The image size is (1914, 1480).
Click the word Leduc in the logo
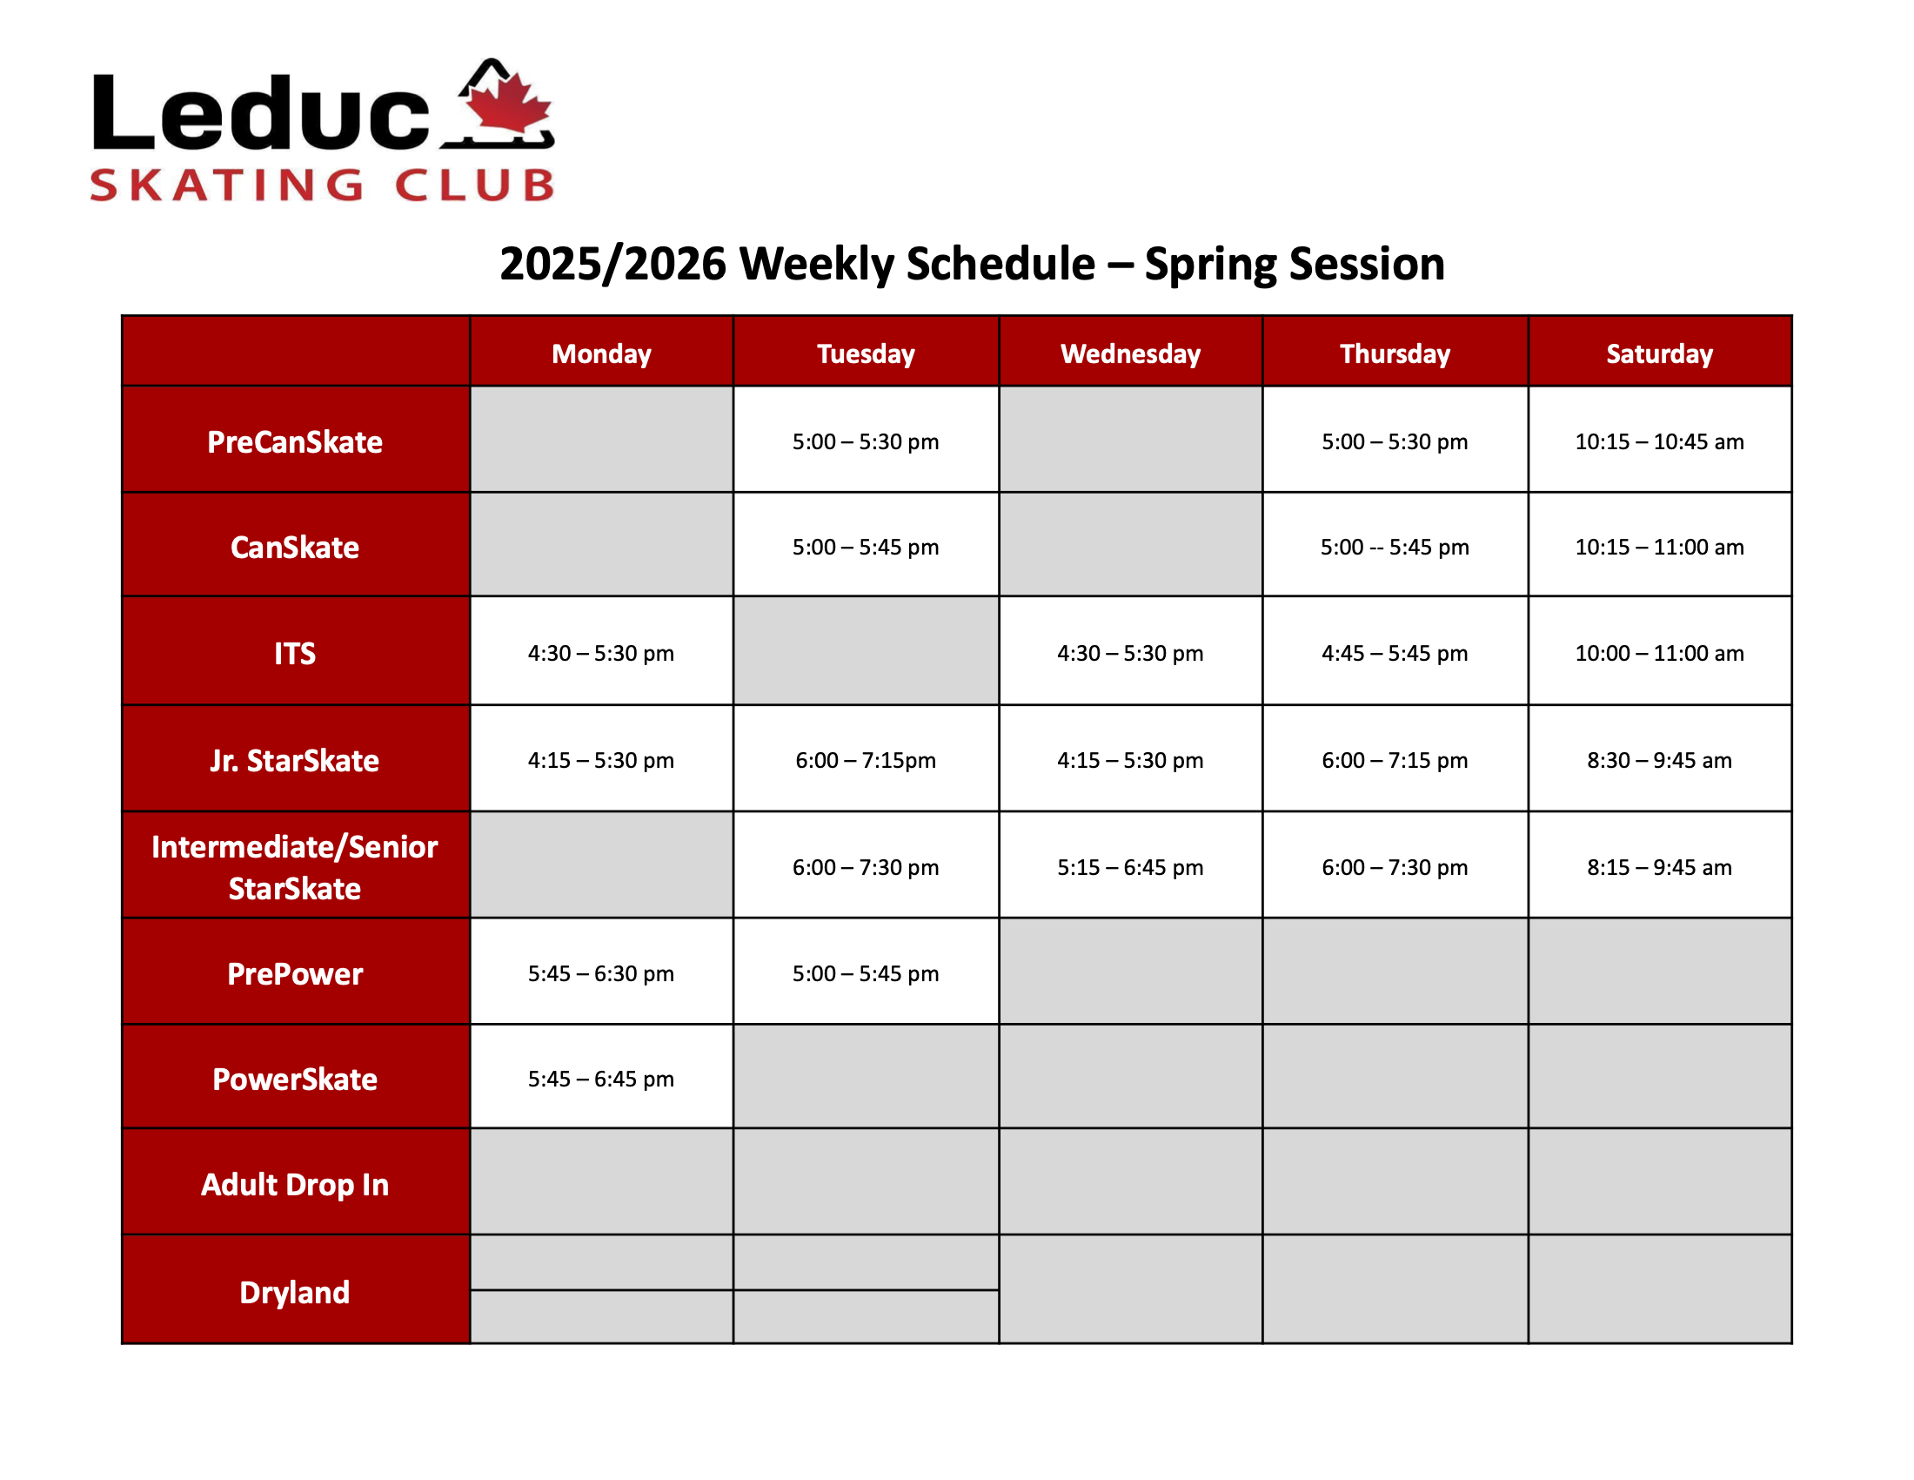[261, 111]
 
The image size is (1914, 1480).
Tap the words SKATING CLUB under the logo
[323, 185]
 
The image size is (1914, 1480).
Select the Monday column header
[601, 353]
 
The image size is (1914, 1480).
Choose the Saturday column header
[1659, 353]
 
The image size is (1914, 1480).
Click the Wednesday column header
[1130, 353]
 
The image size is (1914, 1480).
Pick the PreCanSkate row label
[295, 442]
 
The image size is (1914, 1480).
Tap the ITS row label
[295, 653]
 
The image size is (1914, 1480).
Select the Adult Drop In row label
[295, 1185]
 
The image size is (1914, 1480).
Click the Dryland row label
[295, 1292]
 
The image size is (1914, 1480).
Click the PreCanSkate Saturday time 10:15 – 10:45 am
[1659, 442]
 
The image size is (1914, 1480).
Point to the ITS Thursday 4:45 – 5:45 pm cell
[1395, 653]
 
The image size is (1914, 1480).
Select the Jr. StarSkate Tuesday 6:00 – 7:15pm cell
[866, 760]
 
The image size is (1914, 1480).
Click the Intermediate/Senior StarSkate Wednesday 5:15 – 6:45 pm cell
[1130, 867]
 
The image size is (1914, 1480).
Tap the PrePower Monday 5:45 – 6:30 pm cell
[601, 973]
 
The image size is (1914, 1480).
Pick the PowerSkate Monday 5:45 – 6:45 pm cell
[601, 1079]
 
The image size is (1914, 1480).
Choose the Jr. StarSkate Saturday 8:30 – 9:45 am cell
[1660, 760]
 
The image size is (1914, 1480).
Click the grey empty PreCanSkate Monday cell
[601, 440]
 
